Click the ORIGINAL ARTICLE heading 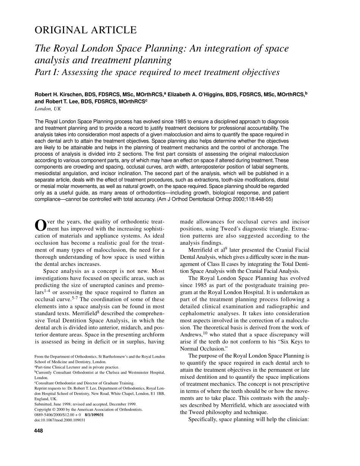pos(85,30)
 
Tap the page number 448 pos(39,431)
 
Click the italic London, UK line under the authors pos(48,109)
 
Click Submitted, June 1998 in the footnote pos(52,404)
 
